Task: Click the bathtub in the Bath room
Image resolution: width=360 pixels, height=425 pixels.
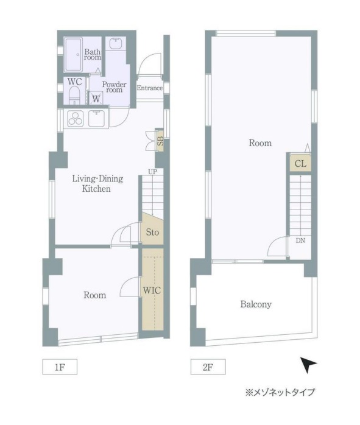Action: point(73,54)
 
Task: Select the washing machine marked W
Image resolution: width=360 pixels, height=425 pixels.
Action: point(96,98)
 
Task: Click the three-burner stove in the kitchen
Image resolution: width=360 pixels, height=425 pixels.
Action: point(75,119)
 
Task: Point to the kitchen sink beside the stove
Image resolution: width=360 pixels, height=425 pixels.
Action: point(98,119)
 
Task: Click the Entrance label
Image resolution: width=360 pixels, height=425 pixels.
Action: point(150,88)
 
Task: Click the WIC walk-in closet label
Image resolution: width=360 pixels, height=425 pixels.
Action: point(152,290)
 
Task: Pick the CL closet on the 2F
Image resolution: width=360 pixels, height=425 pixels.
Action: point(300,163)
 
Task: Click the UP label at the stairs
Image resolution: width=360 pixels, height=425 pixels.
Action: point(152,172)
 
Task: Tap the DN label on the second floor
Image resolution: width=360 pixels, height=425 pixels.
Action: point(300,241)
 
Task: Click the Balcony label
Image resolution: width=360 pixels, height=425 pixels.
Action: point(256,304)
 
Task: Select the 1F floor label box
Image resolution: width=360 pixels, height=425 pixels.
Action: point(60,367)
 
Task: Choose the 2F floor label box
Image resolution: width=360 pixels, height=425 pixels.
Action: point(208,367)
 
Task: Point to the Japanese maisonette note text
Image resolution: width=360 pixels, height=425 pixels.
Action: point(280,392)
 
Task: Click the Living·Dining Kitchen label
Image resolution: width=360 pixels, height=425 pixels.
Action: point(97,183)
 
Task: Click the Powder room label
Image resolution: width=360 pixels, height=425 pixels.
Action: point(114,87)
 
